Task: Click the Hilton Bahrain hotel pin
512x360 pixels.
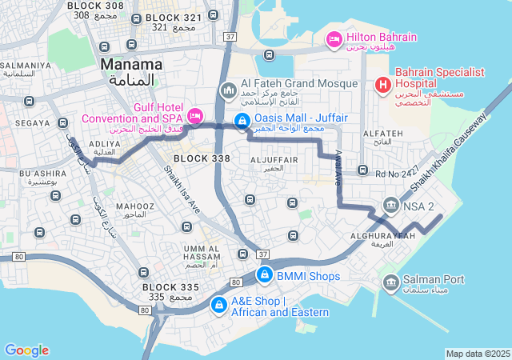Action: click(x=334, y=38)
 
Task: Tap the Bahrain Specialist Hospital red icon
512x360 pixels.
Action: click(x=382, y=83)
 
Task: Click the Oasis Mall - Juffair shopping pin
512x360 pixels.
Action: click(x=241, y=120)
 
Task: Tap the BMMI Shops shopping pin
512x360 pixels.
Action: click(x=263, y=276)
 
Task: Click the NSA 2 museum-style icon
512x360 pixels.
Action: click(x=391, y=206)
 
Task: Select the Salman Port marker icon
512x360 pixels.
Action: click(x=391, y=281)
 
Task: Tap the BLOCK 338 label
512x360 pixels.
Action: click(x=202, y=158)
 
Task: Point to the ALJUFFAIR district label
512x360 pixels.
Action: click(x=274, y=160)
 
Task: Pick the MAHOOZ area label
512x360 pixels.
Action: click(x=130, y=206)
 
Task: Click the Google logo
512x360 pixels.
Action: click(x=26, y=350)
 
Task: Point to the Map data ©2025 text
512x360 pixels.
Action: click(x=478, y=354)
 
